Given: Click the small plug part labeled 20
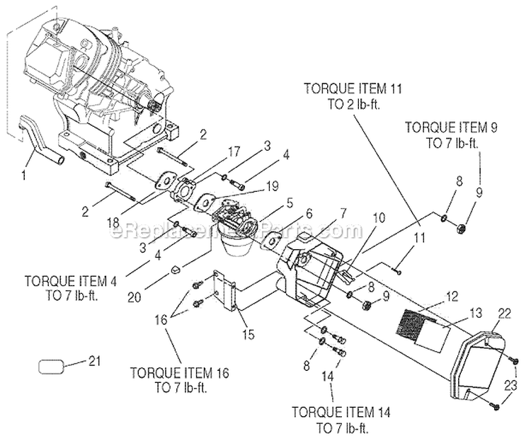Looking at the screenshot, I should [176, 268].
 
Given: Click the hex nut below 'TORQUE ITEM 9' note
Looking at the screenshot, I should [458, 228].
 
